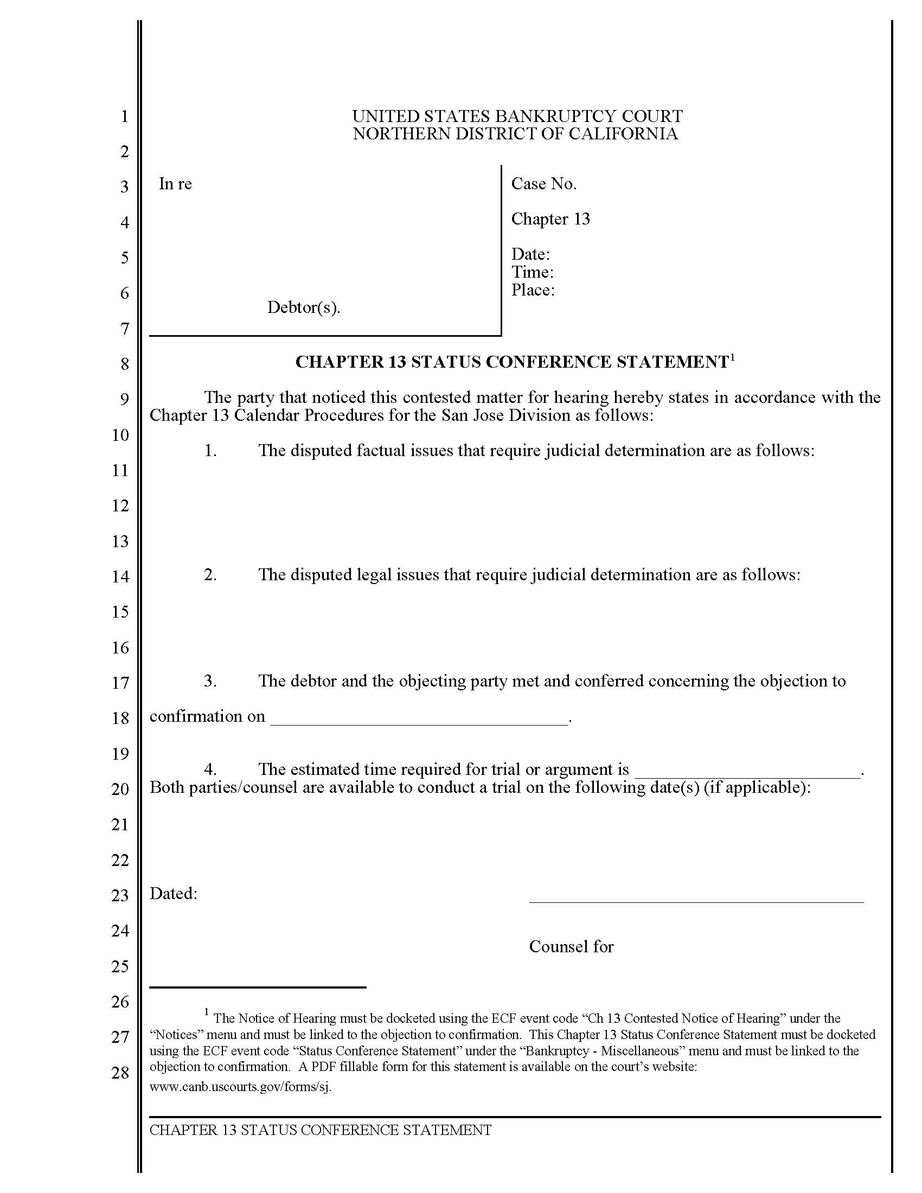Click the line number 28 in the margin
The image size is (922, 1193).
120,1072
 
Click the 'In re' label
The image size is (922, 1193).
175,184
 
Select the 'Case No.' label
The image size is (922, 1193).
543,184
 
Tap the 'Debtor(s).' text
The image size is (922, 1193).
304,307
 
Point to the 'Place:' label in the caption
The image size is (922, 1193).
533,290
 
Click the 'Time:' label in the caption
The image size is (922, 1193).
532,272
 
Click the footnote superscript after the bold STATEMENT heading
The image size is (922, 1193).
732,357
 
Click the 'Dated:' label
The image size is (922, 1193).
174,894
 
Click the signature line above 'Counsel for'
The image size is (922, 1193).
696,902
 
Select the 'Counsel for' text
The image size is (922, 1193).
571,947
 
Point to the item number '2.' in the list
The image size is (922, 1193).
210,575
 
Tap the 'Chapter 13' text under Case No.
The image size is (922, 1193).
550,219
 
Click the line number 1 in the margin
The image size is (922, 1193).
125,117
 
